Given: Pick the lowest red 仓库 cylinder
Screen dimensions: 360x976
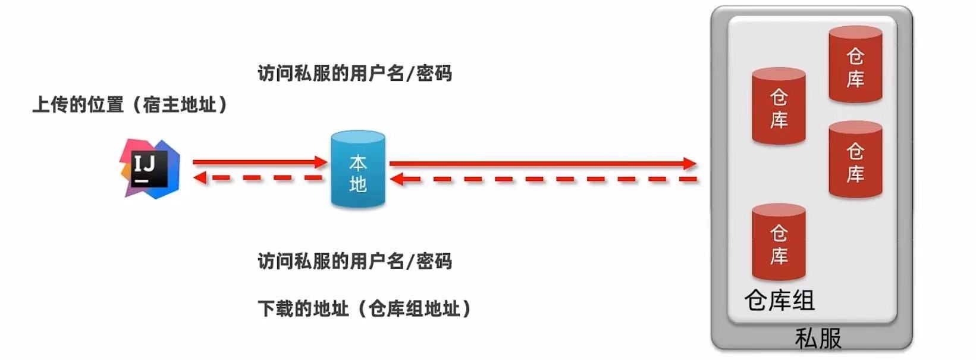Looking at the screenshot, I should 779,242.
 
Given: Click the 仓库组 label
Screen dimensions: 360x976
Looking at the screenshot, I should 779,300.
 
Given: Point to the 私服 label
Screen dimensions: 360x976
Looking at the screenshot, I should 818,339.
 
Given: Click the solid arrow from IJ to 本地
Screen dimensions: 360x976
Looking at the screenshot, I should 259,161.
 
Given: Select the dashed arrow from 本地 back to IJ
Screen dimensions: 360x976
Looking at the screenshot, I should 259,177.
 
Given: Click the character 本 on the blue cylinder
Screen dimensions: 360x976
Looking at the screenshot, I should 357,162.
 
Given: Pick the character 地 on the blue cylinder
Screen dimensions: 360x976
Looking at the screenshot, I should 357,184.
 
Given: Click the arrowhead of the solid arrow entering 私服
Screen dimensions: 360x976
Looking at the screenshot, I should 690,163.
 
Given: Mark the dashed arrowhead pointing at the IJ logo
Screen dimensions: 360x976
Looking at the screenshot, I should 200,177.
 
